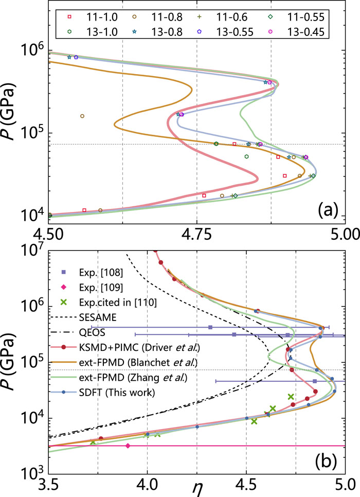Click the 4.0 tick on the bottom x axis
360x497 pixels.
point(148,484)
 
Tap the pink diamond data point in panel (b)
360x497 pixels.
point(128,446)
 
